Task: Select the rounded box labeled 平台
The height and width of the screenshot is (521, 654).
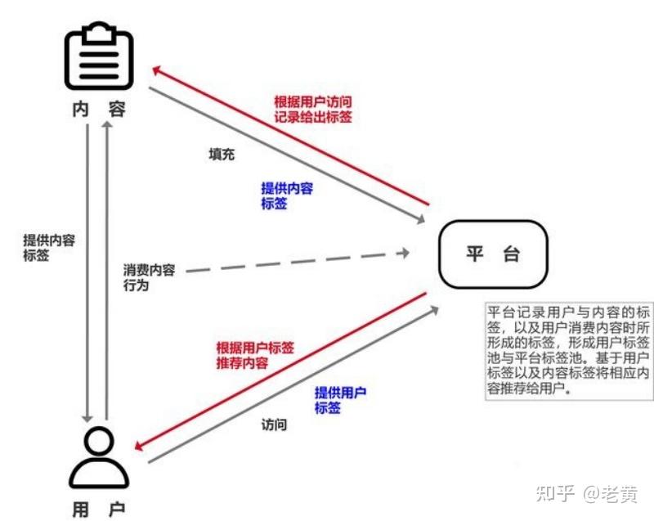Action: [x=492, y=254]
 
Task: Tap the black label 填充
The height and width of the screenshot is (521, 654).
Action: [x=222, y=155]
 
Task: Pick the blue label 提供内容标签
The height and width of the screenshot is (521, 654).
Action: [x=286, y=195]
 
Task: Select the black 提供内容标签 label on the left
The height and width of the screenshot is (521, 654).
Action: [x=49, y=247]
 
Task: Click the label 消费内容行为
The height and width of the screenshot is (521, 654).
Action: [x=149, y=278]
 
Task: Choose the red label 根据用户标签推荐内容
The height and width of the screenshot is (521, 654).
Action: [x=255, y=354]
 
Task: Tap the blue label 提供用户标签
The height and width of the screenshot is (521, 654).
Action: [x=340, y=400]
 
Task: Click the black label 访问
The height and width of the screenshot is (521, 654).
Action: [x=274, y=424]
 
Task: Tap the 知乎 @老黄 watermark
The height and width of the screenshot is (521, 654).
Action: [x=585, y=492]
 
